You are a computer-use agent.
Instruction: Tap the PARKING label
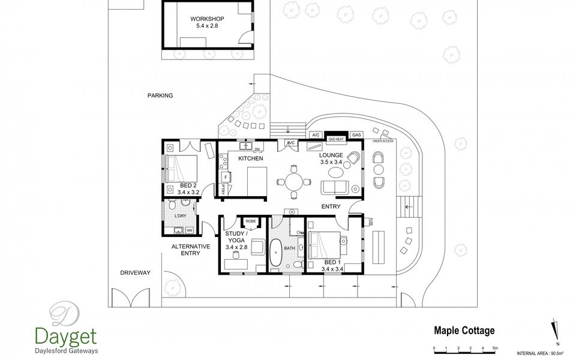[x=160, y=95]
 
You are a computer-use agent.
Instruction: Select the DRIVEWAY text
[x=134, y=272]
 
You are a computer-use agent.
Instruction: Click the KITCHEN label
[x=251, y=158]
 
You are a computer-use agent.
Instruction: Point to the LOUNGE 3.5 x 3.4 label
[x=331, y=158]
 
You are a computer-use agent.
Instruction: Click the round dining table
[x=293, y=181]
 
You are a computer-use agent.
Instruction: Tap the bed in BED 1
[x=325, y=247]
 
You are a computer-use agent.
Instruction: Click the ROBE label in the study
[x=251, y=221]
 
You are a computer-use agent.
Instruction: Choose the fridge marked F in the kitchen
[x=226, y=177]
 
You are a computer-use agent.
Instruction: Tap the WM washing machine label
[x=190, y=230]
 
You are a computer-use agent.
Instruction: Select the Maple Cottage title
[x=464, y=330]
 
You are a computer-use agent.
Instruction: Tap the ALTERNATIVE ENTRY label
[x=190, y=250]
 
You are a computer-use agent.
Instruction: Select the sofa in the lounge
[x=334, y=187]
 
